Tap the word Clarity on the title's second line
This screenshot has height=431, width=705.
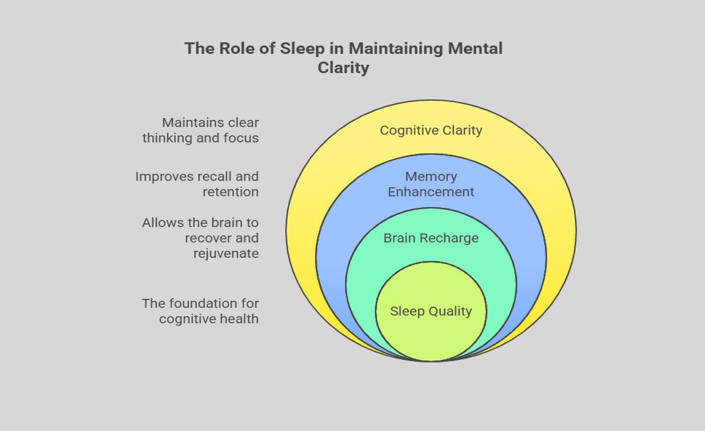343,67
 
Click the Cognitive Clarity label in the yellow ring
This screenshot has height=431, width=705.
431,130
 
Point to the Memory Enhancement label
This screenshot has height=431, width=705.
431,184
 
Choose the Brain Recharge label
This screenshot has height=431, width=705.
431,238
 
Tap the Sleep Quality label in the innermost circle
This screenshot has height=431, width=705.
431,311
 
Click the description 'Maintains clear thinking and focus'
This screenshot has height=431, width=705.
201,130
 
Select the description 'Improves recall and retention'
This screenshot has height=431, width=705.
197,184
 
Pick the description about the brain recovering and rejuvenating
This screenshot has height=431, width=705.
201,238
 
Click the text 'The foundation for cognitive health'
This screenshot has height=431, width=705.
201,311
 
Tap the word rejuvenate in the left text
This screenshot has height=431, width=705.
226,253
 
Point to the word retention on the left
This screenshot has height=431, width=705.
231,192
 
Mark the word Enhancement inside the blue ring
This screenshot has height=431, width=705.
431,192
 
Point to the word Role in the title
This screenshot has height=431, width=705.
234,48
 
